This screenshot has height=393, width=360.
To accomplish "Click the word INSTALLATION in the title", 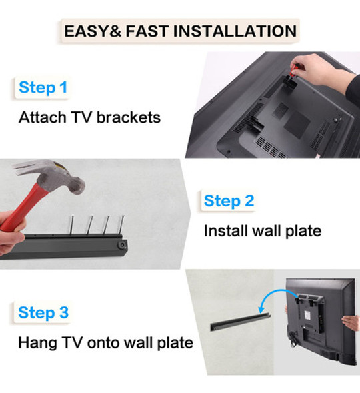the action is tap(235, 31).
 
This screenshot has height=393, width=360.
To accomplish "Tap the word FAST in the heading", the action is tap(147, 31).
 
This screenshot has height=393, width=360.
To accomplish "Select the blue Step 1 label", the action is tap(43, 87).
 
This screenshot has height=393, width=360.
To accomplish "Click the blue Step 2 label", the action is tap(229, 201).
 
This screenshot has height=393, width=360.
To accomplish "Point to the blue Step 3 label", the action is tap(43, 313).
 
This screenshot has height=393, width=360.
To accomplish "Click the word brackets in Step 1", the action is tap(129, 117).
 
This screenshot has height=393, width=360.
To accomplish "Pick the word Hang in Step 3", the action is tap(37, 343).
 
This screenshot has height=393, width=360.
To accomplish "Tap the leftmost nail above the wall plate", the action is tap(71, 225).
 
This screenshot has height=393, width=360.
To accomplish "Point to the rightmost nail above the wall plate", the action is tap(121, 225).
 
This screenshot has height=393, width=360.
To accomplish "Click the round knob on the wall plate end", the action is tap(122, 245).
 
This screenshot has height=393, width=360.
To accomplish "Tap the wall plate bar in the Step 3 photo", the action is tap(240, 322).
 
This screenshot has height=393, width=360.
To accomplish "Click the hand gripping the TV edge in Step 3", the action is tap(351, 322).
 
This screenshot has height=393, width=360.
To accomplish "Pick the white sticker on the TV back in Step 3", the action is tap(307, 315).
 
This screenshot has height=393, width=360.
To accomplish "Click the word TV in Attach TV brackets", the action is tap(81, 117).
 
